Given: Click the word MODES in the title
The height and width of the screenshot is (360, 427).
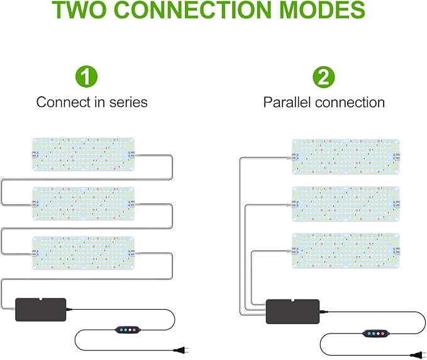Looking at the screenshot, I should (319, 11).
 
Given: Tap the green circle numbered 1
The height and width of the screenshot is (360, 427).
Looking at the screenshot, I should (87, 77).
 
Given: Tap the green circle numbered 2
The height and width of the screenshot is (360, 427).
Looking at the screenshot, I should (324, 77).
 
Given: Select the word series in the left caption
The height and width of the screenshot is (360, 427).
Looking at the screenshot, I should (128, 102).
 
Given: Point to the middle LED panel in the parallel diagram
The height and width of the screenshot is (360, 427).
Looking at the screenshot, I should (345, 203).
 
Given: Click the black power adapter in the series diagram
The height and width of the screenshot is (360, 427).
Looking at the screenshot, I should (40, 310).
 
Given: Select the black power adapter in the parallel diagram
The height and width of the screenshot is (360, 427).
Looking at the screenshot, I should (292, 311).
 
